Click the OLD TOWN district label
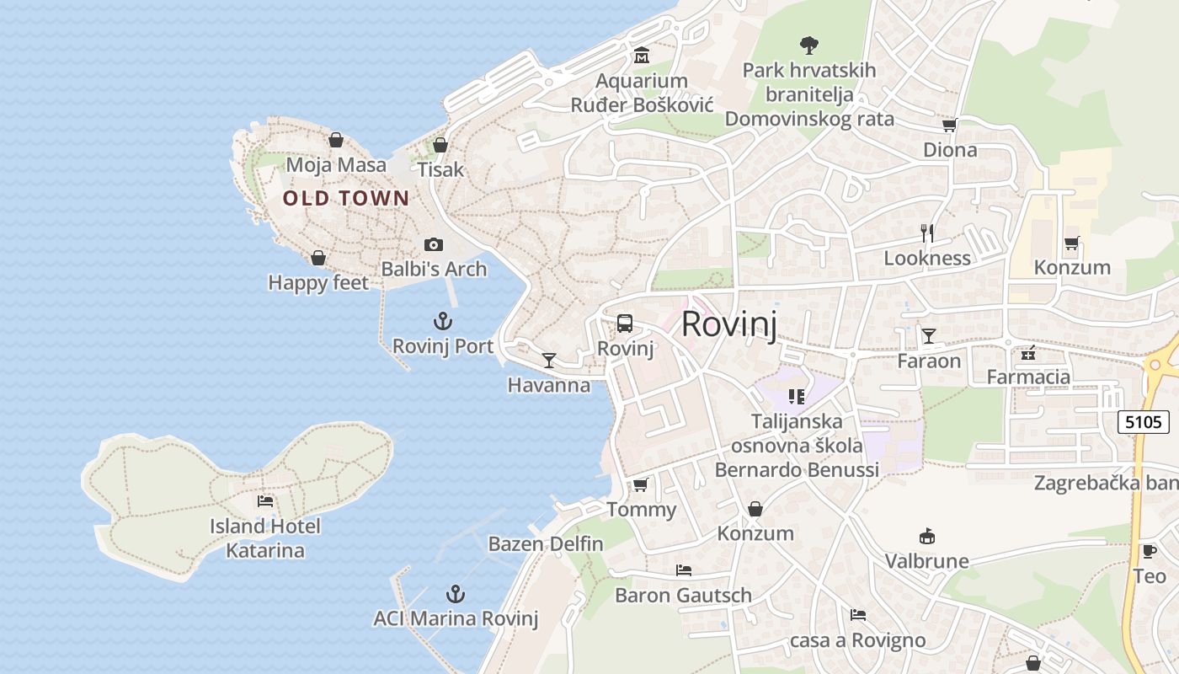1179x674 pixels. (x=346, y=199)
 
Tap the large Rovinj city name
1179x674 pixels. (x=728, y=324)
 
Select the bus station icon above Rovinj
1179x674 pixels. (x=624, y=323)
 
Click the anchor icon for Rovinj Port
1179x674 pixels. (x=443, y=321)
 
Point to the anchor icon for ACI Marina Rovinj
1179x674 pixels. (x=456, y=594)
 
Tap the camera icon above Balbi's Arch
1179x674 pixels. (x=434, y=244)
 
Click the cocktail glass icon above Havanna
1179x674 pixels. (x=549, y=361)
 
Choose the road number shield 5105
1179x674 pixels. (x=1144, y=421)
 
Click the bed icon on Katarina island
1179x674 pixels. (x=265, y=501)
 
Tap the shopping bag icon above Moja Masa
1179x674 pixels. (x=336, y=140)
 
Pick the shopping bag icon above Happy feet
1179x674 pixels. (x=318, y=258)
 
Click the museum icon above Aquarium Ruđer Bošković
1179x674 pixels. (x=642, y=56)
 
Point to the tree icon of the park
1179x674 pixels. (x=809, y=45)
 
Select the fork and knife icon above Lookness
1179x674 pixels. (x=927, y=233)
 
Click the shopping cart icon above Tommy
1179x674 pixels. (x=641, y=484)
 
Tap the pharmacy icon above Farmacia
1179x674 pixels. (x=1028, y=352)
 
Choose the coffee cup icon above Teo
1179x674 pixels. (x=1149, y=552)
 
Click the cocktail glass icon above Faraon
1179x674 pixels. (x=928, y=336)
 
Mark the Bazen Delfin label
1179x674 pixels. (x=546, y=543)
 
